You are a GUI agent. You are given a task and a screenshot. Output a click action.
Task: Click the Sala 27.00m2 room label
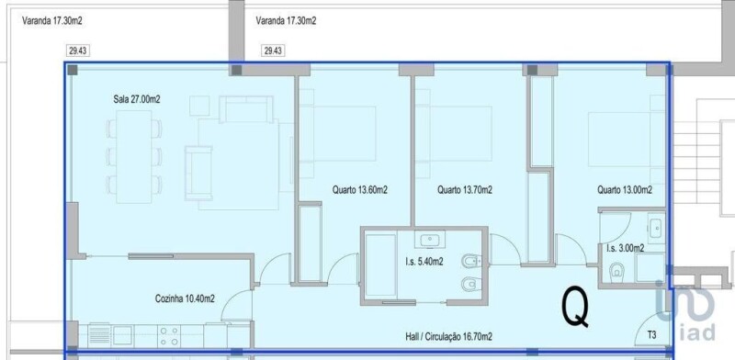[137, 99]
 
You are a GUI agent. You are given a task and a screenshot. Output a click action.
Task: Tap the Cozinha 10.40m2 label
[185, 298]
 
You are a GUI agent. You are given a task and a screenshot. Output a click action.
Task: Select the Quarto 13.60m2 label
[360, 190]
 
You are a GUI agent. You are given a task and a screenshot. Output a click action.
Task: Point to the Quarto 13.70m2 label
[465, 190]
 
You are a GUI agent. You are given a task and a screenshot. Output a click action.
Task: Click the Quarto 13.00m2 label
[625, 190]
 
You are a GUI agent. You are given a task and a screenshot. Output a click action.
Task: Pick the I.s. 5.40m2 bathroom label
[424, 262]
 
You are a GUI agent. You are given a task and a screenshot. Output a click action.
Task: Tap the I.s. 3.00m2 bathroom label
[625, 249]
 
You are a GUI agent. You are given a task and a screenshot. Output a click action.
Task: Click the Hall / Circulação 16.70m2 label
[448, 336]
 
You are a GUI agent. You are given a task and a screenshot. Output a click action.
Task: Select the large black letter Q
[575, 307]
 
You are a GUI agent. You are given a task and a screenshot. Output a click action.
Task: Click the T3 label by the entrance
[651, 334]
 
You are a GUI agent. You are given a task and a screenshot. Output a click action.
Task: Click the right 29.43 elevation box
[273, 51]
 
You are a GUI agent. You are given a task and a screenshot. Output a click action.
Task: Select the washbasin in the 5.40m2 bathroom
[429, 241]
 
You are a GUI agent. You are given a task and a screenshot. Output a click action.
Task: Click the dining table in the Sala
[134, 156]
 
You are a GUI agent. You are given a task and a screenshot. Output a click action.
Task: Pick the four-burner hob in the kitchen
[169, 335]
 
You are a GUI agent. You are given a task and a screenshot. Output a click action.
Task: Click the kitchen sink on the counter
[122, 335]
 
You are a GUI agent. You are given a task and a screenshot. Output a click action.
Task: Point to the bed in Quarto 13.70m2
[454, 133]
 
